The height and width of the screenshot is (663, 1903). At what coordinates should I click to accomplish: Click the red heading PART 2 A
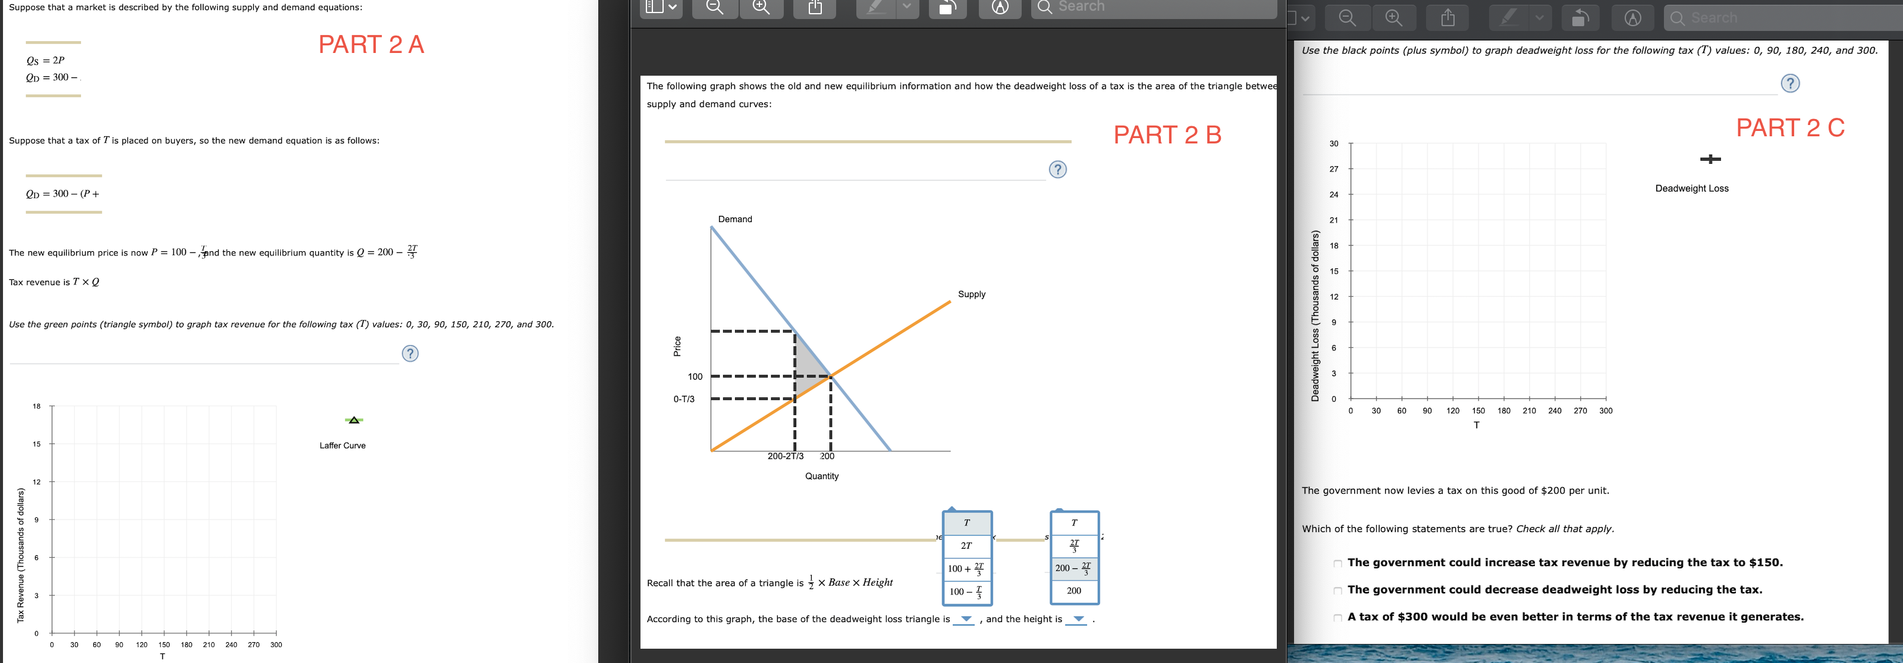[x=371, y=45]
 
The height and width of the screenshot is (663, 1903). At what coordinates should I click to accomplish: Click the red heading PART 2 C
[x=1789, y=128]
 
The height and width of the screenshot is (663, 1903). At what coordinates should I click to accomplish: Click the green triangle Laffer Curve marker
[x=354, y=420]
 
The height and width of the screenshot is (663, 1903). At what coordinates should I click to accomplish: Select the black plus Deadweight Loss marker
[x=1710, y=159]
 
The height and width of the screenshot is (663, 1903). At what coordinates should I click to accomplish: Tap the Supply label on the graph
[x=972, y=294]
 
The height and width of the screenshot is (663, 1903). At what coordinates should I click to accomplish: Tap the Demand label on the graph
[x=734, y=220]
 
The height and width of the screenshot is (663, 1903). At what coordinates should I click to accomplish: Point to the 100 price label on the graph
[x=695, y=377]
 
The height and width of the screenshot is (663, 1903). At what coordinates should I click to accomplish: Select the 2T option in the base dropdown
[x=966, y=546]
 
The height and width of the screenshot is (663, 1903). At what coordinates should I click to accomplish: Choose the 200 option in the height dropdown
[x=1073, y=590]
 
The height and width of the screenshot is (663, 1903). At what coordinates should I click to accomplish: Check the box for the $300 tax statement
[x=1337, y=618]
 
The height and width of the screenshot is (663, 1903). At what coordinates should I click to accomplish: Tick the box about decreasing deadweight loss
[x=1337, y=590]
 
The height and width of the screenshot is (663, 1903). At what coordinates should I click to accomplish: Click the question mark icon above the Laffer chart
[x=410, y=354]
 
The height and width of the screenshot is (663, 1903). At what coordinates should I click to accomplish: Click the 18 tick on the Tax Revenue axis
[x=36, y=406]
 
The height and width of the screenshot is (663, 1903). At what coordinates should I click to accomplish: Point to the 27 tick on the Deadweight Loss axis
[x=1333, y=169]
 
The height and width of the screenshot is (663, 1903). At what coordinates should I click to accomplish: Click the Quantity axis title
[x=821, y=477]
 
